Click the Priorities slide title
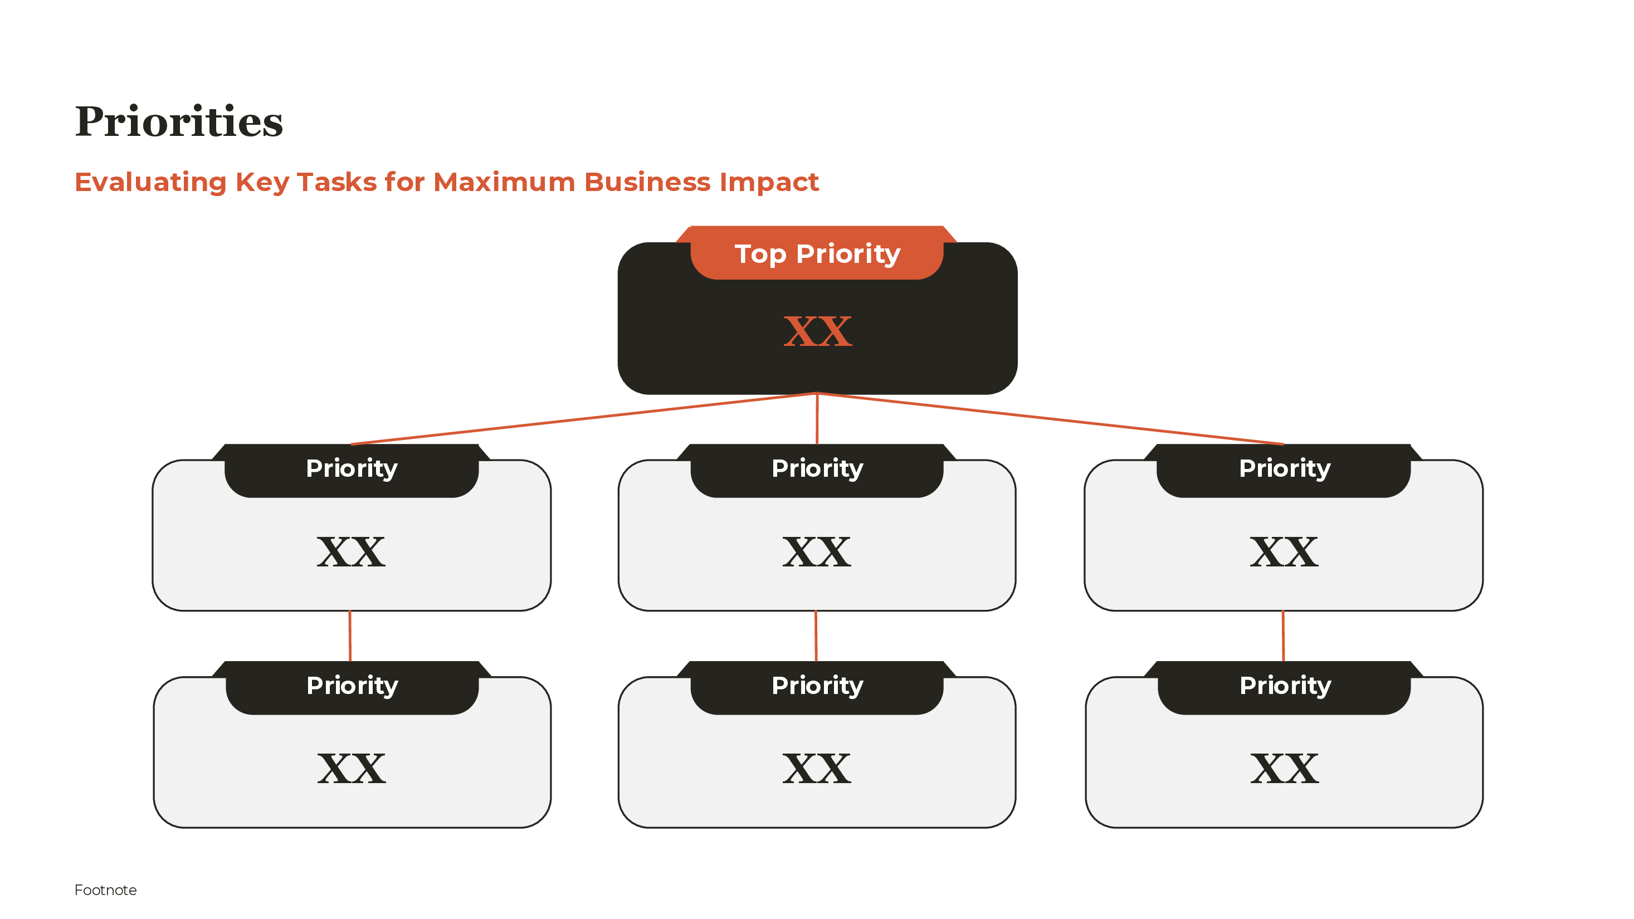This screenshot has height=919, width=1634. tap(179, 122)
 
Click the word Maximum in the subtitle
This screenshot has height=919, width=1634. tap(504, 182)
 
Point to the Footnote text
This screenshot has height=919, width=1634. tap(105, 890)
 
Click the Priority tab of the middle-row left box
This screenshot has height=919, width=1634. tap(352, 469)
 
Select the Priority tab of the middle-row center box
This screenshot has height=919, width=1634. tap(817, 469)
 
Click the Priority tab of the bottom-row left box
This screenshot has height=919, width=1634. tap(352, 686)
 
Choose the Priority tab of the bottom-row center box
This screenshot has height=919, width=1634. tap(817, 686)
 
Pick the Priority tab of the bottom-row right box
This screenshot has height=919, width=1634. tap(1285, 686)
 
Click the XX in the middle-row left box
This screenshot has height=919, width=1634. tap(351, 552)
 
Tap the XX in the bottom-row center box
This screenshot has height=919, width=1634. tap(816, 769)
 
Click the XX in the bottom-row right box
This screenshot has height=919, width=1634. tap(1285, 769)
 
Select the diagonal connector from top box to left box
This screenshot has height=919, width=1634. tap(584, 419)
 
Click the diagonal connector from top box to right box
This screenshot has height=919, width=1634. tap(1050, 419)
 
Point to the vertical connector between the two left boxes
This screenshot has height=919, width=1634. tap(350, 636)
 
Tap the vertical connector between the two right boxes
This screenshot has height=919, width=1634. tap(1283, 636)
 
